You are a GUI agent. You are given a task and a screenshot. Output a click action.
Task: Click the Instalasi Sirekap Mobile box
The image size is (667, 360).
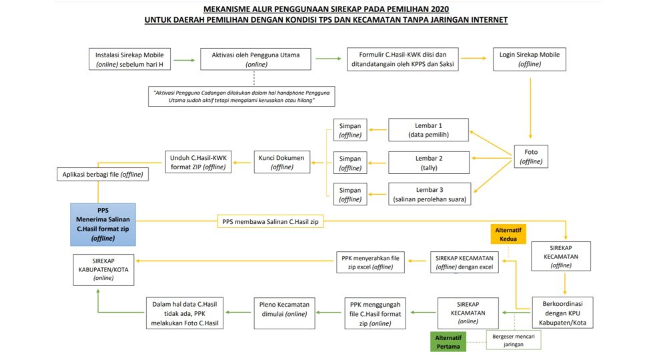[130, 59]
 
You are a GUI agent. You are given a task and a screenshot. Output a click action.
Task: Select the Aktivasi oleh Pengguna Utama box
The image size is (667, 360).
[256, 59]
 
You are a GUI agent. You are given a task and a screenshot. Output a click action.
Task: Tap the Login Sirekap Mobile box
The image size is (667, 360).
[530, 59]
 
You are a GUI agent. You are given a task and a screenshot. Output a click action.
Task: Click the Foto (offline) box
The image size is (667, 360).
[530, 157]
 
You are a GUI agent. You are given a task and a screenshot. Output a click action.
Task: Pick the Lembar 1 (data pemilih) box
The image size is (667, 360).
[429, 130]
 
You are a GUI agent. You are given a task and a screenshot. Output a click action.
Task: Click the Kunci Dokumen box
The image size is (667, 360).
[279, 163]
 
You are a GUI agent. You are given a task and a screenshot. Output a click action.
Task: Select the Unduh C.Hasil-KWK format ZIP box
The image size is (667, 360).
[198, 163]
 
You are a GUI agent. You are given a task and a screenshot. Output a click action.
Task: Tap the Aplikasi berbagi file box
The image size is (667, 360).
[103, 175]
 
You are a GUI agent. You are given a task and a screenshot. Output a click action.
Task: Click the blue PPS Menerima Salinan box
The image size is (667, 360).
[103, 223]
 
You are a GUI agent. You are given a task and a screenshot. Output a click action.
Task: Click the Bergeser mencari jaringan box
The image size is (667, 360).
[513, 340]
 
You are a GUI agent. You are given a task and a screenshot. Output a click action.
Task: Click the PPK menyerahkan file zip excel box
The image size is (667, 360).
[370, 262]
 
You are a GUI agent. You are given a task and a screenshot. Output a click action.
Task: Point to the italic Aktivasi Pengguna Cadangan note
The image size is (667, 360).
[242, 96]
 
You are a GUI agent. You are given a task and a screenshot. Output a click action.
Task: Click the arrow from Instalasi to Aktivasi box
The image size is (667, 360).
[186, 59]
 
